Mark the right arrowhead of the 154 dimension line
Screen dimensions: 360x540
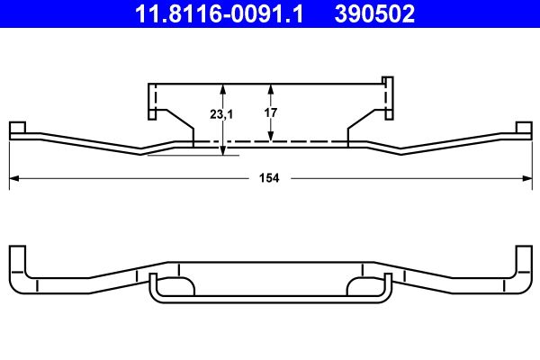[526, 178]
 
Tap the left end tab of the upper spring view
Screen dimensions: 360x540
[17, 130]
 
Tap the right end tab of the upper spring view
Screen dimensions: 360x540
[523, 130]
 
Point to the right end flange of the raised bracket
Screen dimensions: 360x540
[388, 98]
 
